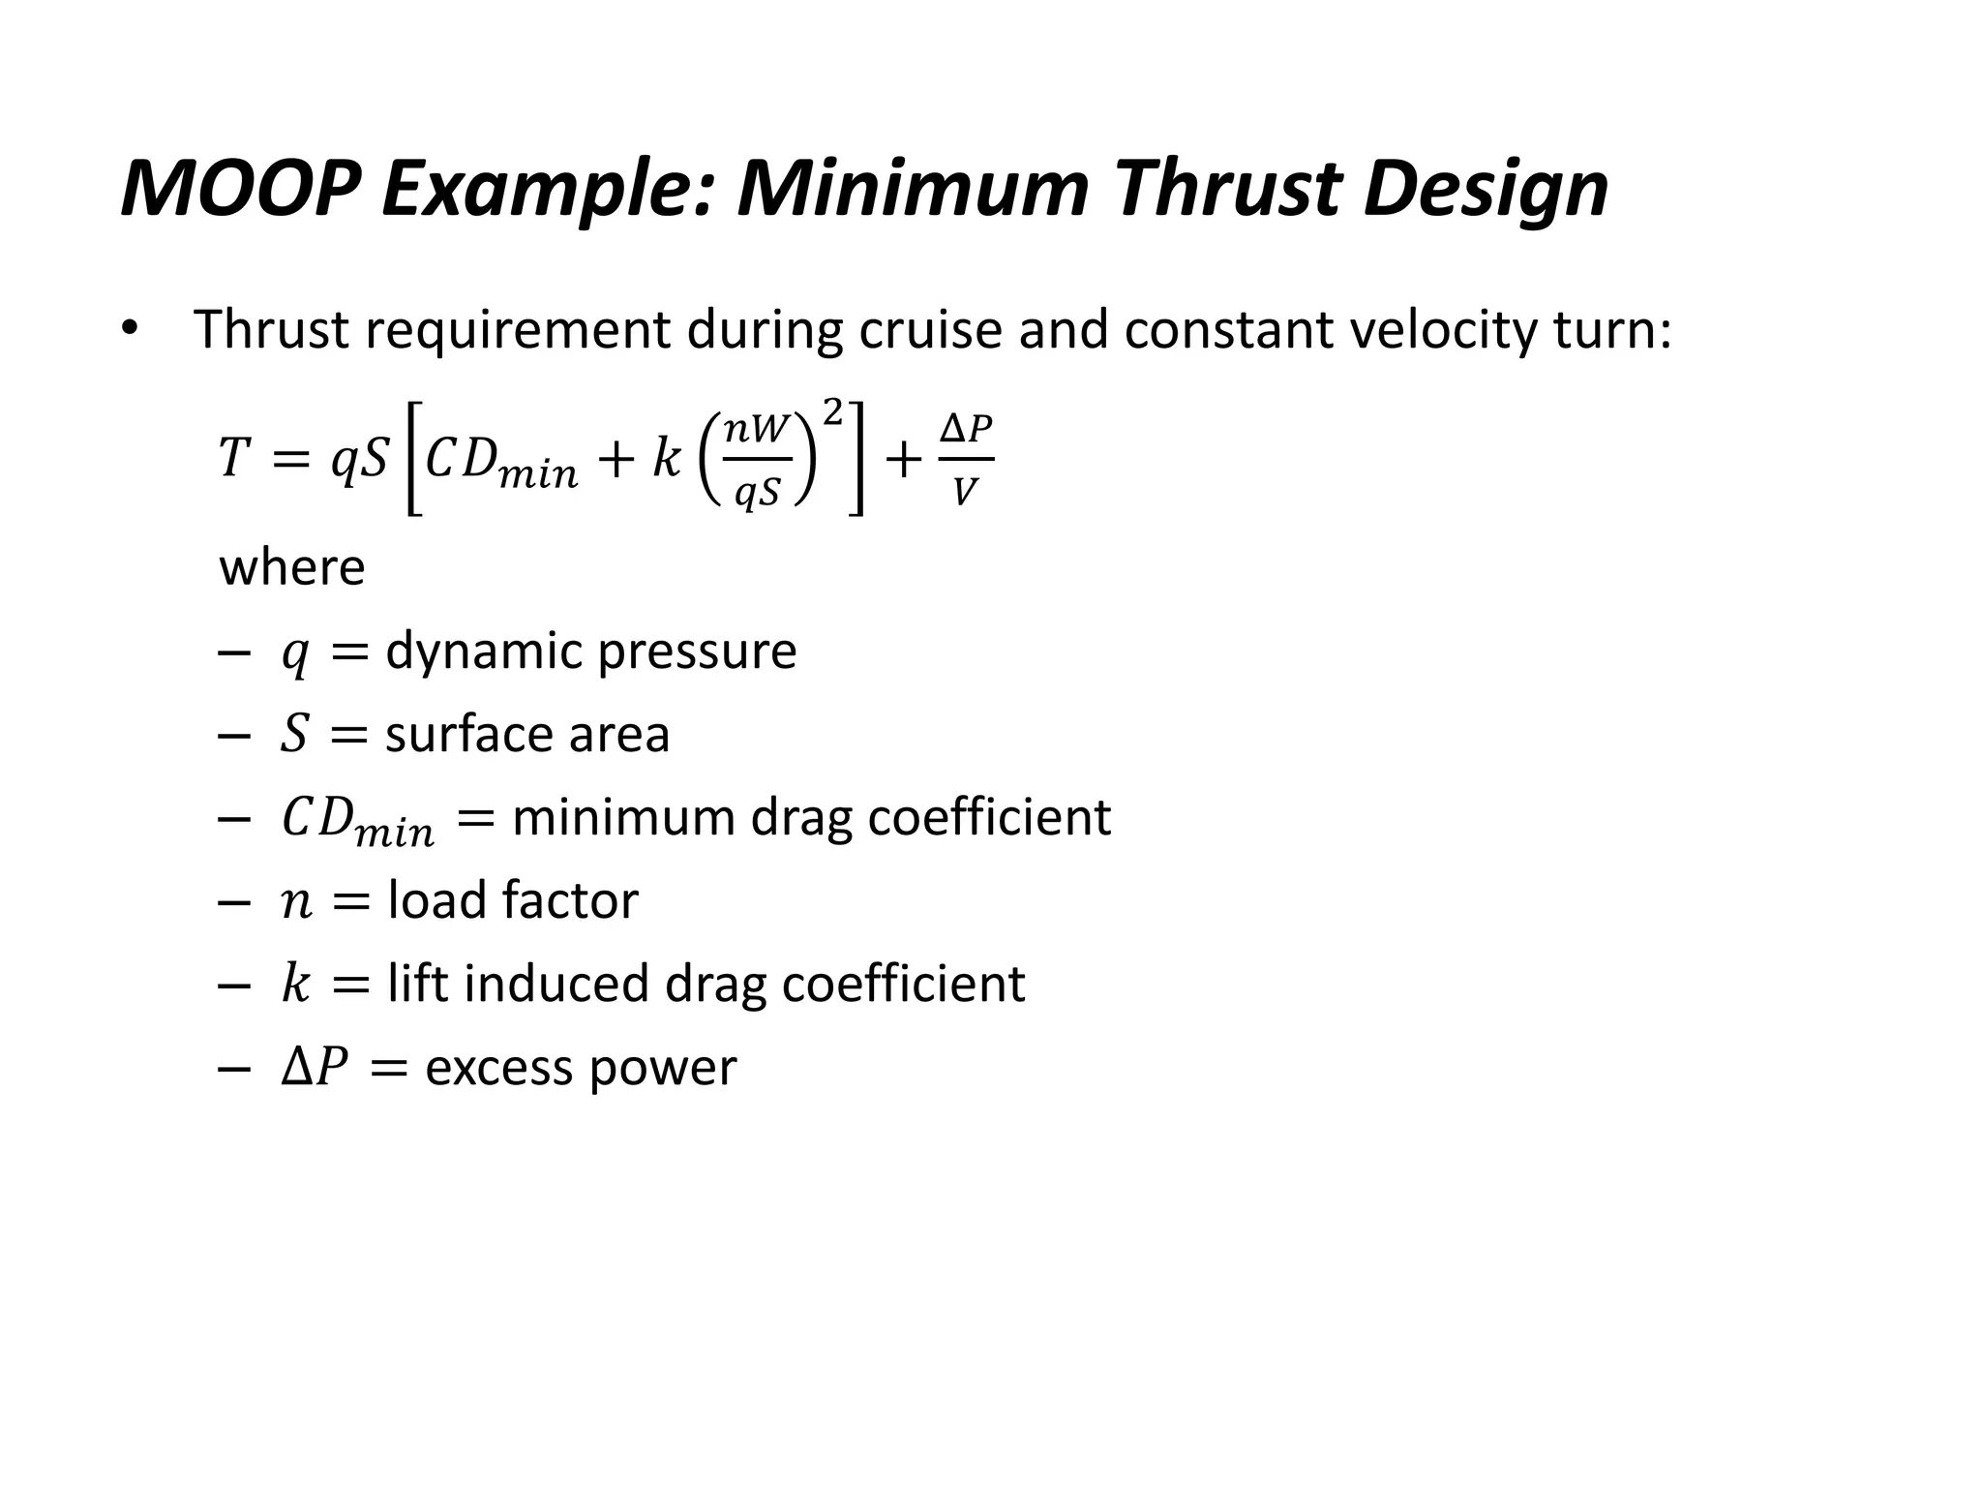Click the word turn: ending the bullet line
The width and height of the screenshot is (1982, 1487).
pos(1612,330)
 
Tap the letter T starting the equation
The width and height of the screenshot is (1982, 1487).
pos(234,458)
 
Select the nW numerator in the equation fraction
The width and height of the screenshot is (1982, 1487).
pos(758,429)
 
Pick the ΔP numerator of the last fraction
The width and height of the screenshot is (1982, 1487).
pos(966,429)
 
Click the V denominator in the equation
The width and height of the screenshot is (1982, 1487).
pos(964,494)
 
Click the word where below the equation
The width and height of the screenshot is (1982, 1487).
pos(292,567)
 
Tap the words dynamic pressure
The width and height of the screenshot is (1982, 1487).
pos(590,651)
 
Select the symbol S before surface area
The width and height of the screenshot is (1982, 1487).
pos(294,734)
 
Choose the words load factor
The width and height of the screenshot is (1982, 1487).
pos(513,900)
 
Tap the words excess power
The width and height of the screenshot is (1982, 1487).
pos(581,1068)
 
